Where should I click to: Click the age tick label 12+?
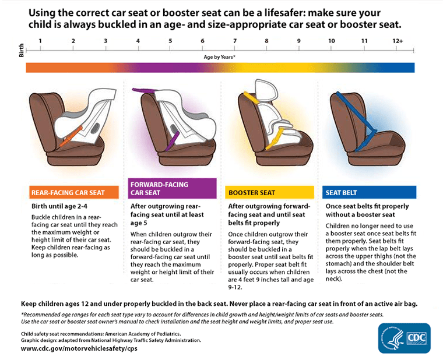398,41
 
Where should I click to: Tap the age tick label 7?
234,41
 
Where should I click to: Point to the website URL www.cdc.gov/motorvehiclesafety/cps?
80,349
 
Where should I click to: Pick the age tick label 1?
40,41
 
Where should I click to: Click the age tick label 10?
331,41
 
